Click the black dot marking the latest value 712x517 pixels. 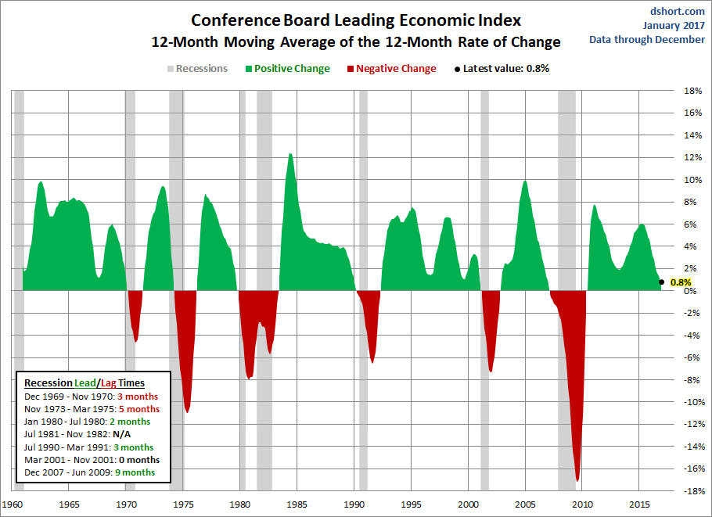coord(662,282)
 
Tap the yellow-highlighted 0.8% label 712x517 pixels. coord(681,282)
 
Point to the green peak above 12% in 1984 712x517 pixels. coord(290,154)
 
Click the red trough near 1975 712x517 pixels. coord(187,411)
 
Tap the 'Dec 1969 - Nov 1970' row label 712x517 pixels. coord(70,397)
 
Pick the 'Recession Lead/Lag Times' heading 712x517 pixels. coord(84,383)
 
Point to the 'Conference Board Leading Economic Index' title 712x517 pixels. coord(356,21)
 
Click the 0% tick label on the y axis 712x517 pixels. coord(690,291)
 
